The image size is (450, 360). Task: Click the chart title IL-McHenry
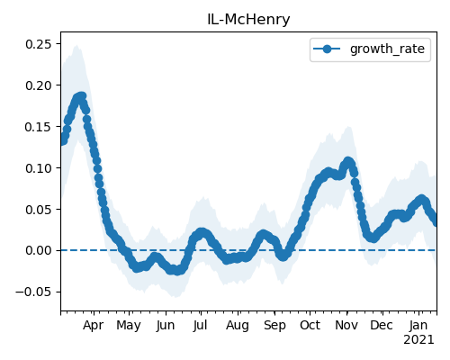point(248,20)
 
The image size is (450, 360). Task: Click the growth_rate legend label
point(387,49)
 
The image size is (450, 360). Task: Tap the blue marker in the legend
point(327,49)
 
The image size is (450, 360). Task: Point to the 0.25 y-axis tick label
point(39,44)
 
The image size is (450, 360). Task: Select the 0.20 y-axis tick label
point(39,85)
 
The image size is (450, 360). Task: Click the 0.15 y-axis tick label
point(39,127)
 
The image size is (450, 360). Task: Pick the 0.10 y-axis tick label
point(39,168)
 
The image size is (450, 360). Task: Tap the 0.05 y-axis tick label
point(39,210)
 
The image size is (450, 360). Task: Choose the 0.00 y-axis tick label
point(39,250)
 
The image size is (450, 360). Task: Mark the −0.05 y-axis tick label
point(34,292)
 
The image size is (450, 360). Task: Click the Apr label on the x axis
point(93,326)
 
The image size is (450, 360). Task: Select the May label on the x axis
point(129,326)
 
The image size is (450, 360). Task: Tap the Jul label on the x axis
point(200,325)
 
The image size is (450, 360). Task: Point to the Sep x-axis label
point(274,326)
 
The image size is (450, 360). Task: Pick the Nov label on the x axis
point(346,325)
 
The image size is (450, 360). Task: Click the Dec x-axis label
point(382,325)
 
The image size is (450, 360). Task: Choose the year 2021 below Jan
point(418,340)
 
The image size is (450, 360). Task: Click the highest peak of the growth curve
point(81,96)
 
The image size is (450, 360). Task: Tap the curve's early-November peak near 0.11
point(347,161)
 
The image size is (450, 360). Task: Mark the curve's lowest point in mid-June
point(177,271)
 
